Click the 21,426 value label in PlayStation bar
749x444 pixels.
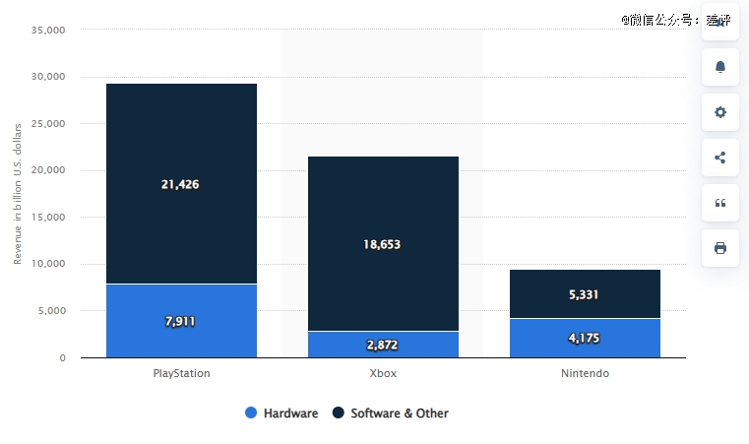[x=181, y=184]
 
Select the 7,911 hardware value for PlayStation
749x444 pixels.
[x=181, y=321]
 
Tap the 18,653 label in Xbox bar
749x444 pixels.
[x=382, y=244]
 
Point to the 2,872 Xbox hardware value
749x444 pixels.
[x=382, y=345]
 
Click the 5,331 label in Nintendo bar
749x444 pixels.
[x=585, y=294]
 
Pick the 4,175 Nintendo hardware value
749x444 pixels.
[x=585, y=339]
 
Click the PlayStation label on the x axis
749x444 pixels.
[x=181, y=374]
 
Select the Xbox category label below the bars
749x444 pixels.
[x=382, y=374]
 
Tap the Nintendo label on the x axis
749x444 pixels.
[x=585, y=374]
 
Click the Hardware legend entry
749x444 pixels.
[x=282, y=413]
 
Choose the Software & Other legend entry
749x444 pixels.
[x=391, y=413]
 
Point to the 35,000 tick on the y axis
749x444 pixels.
[x=48, y=31]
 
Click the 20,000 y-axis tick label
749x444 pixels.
[x=48, y=170]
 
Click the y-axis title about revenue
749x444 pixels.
[x=18, y=194]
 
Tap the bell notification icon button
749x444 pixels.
[x=719, y=67]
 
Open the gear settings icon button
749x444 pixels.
[x=719, y=112]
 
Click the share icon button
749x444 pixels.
[x=719, y=158]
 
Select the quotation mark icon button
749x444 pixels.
[x=719, y=203]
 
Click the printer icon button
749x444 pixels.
[x=719, y=248]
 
